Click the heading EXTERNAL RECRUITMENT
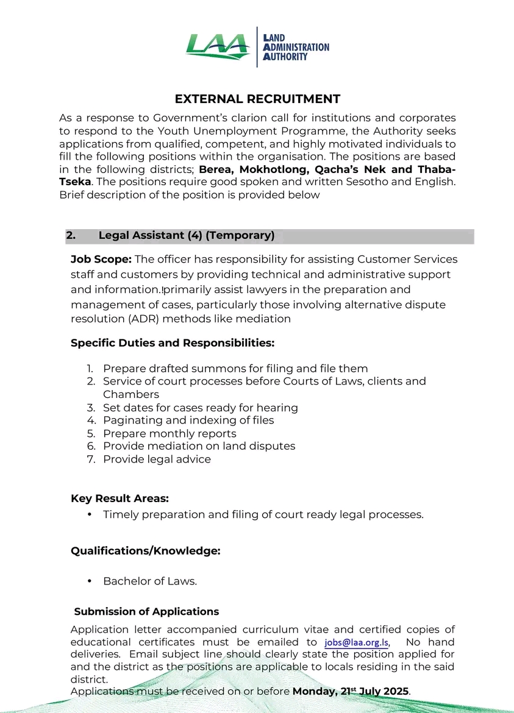[x=257, y=99]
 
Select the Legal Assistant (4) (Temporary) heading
[x=186, y=235]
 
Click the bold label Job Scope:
[x=101, y=260]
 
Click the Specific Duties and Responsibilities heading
[x=173, y=343]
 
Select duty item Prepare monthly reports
[x=170, y=433]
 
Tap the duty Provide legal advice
[x=157, y=459]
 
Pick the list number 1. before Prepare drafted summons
[x=90, y=369]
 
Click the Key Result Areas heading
[x=120, y=499]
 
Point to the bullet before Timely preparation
[x=90, y=515]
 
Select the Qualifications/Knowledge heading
[x=145, y=551]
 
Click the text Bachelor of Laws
[x=150, y=581]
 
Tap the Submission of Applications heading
[x=146, y=611]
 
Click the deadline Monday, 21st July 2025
[x=351, y=691]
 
